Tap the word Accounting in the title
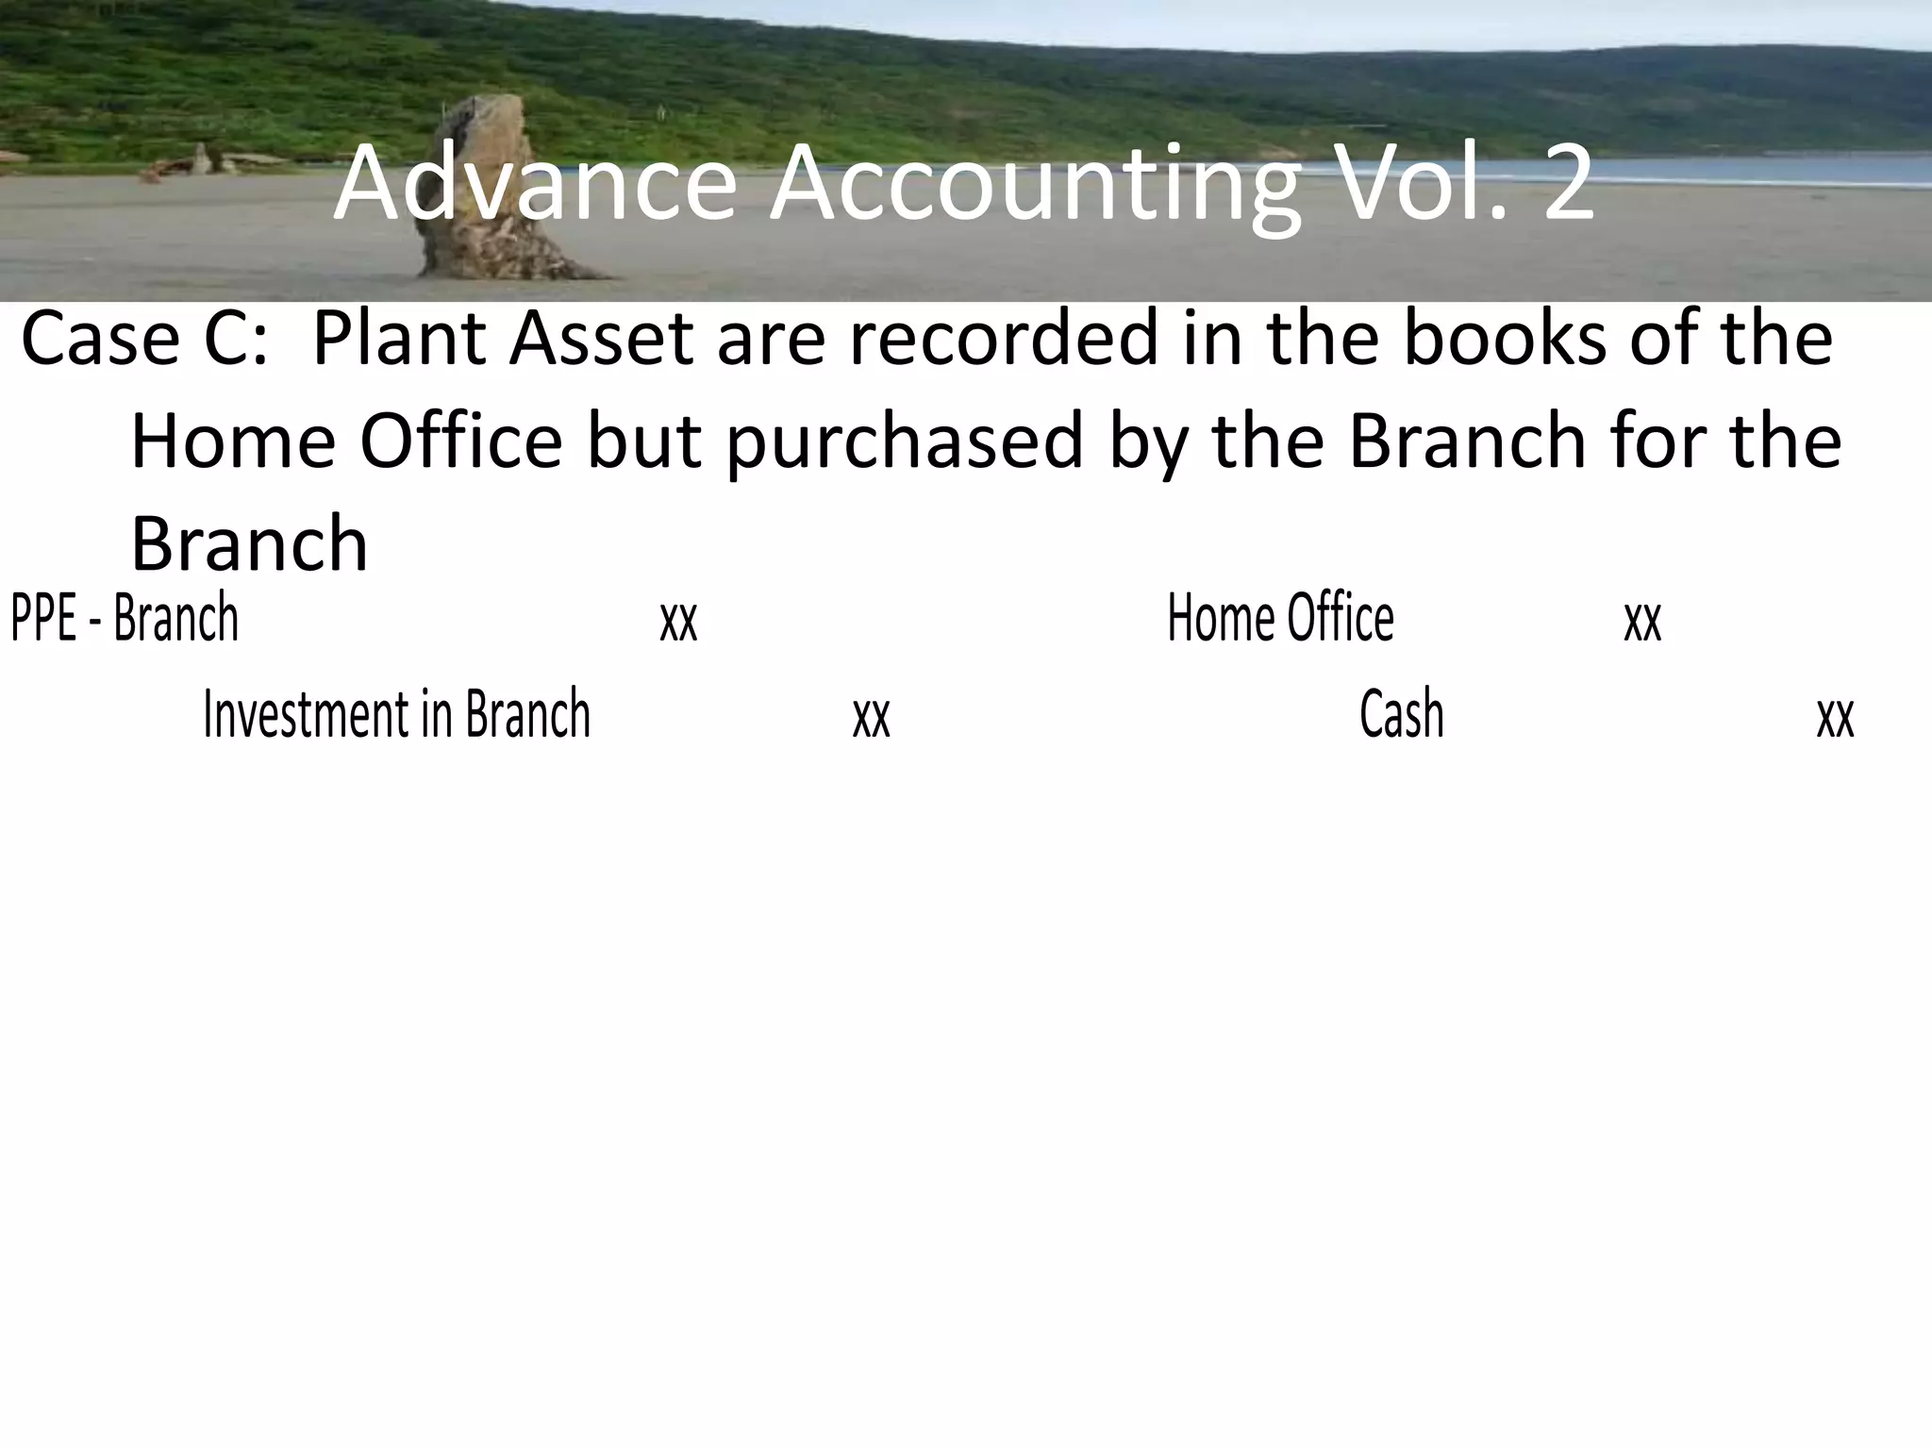coord(1034,187)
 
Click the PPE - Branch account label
coord(125,618)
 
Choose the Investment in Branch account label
coord(396,714)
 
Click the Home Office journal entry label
coord(1280,618)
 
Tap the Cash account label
coord(1401,714)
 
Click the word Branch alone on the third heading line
coord(249,545)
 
